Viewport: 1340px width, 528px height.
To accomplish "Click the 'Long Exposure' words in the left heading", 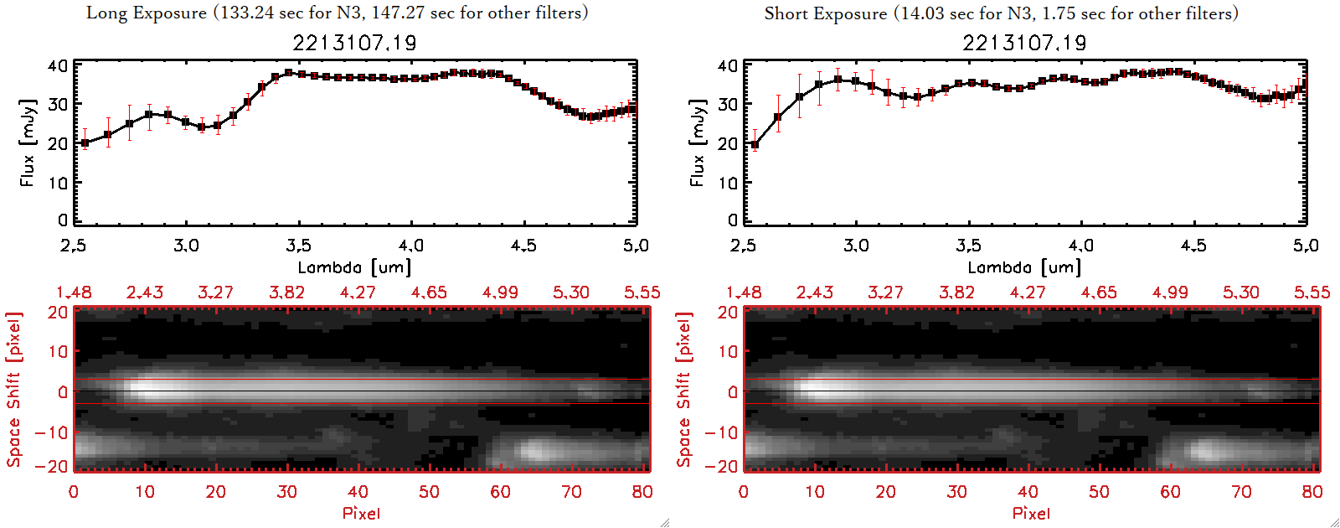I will click(x=147, y=13).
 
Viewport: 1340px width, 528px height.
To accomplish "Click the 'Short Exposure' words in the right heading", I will click(x=825, y=13).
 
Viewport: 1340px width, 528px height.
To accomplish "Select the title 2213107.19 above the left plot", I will click(x=354, y=43).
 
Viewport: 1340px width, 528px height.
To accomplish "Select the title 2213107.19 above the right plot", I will click(x=1024, y=43).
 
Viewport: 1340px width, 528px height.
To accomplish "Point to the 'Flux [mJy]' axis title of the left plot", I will click(x=28, y=142).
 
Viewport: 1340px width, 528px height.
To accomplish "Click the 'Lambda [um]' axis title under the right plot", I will click(x=1024, y=267).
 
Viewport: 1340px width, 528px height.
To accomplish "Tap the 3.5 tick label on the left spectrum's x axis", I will click(x=298, y=246).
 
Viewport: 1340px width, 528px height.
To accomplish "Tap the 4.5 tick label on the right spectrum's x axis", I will click(x=1193, y=246).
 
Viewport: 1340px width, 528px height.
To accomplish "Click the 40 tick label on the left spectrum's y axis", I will click(x=58, y=66).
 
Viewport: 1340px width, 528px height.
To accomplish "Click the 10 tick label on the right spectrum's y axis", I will click(x=728, y=182).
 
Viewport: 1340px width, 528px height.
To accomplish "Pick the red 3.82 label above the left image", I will click(x=286, y=292).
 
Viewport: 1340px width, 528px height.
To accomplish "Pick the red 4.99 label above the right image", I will click(x=1170, y=292).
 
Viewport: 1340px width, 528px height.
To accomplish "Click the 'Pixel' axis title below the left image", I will click(x=361, y=513).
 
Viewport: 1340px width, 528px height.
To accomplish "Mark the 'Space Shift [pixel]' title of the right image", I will click(x=684, y=390).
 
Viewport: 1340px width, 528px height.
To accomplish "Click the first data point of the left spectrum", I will click(x=85, y=143).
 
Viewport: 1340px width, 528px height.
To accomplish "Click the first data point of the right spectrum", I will click(x=755, y=145).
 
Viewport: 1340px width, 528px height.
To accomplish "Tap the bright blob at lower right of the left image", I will click(x=536, y=451).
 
